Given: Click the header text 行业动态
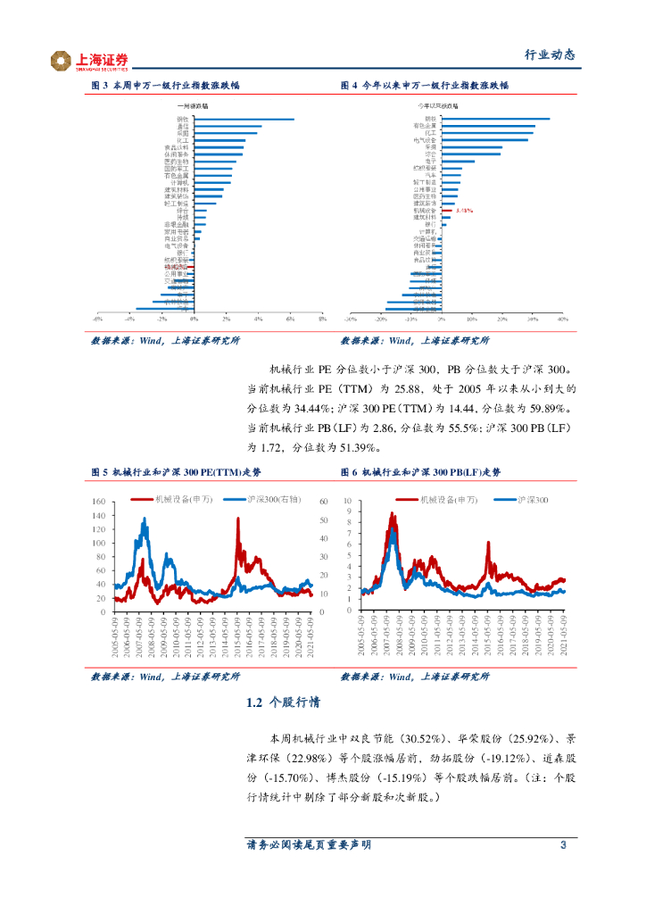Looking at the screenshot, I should [549, 54].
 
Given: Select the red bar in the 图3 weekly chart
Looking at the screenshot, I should [184, 267].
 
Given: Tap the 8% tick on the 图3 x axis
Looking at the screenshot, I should [322, 318].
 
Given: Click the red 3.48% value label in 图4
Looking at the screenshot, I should [463, 210].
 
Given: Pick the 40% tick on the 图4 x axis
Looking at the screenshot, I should [562, 318].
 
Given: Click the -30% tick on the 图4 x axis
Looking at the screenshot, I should [351, 318].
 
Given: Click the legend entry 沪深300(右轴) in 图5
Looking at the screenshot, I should [275, 500].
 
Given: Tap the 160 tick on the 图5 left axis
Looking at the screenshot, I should [99, 503].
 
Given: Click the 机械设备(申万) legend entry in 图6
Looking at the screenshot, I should [456, 500].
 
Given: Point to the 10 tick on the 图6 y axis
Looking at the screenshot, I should [350, 503].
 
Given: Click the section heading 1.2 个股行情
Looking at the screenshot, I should [284, 703].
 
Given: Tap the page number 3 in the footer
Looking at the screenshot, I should [563, 845].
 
